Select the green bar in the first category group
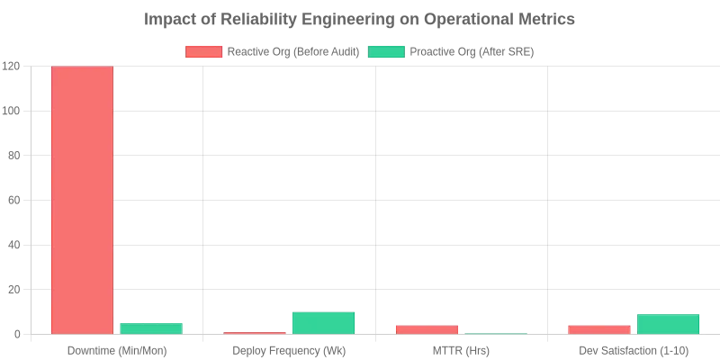pyautogui.click(x=151, y=328)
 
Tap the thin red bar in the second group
pyautogui.click(x=255, y=333)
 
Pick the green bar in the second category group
pyautogui.click(x=324, y=322)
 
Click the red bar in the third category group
pyautogui.click(x=427, y=329)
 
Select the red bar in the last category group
pyautogui.click(x=600, y=329)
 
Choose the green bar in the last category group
pyautogui.click(x=667, y=323)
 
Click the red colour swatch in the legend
pyautogui.click(x=203, y=52)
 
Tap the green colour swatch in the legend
pyautogui.click(x=386, y=52)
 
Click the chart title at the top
pyautogui.click(x=360, y=18)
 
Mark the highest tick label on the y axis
pyautogui.click(x=10, y=66)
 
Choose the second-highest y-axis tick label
pyautogui.click(x=10, y=111)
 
